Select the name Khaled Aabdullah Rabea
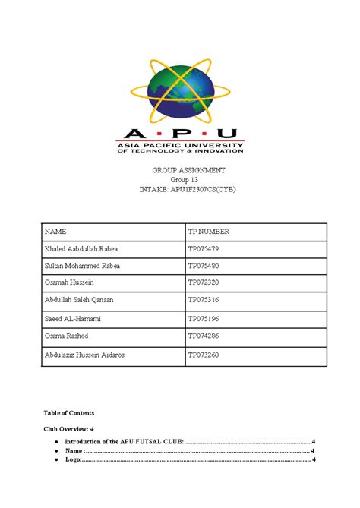click(x=81, y=248)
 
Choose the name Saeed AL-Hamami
click(x=74, y=319)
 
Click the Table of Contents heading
click(x=68, y=413)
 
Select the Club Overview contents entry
click(x=69, y=429)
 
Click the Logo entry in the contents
click(x=73, y=459)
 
